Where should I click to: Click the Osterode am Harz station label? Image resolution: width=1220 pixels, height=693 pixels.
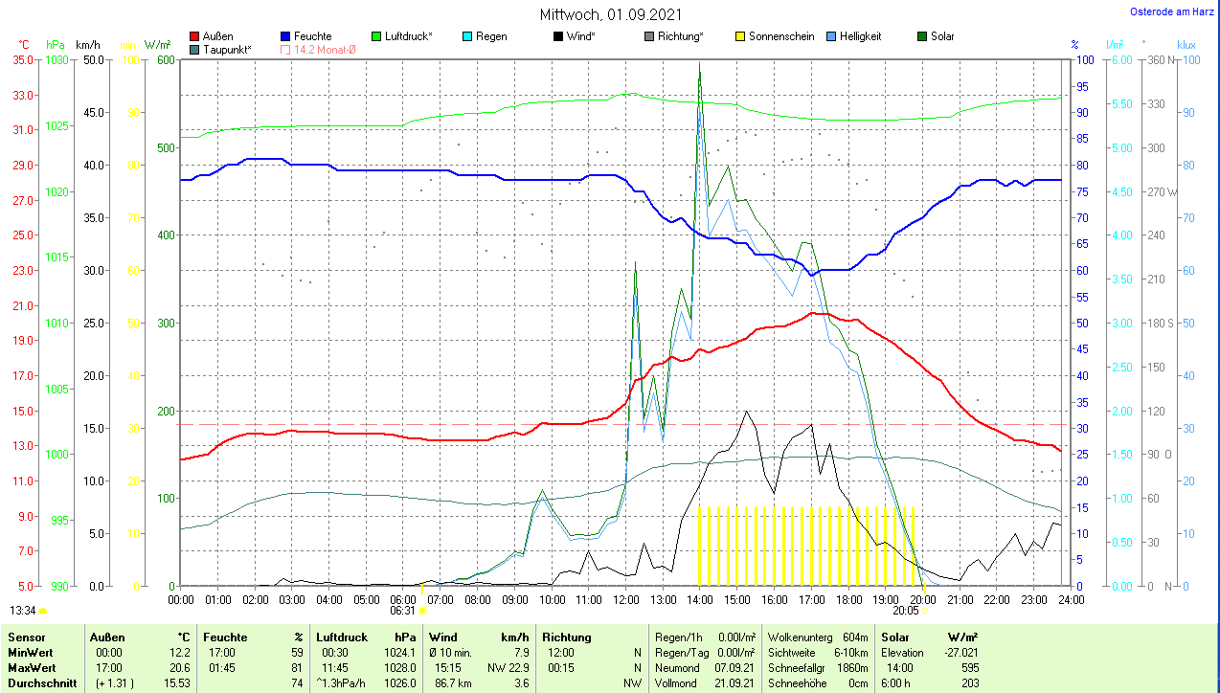(x=1173, y=11)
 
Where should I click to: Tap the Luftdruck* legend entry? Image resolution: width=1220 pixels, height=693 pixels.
(x=407, y=36)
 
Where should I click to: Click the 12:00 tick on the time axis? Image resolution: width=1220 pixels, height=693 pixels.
(x=625, y=599)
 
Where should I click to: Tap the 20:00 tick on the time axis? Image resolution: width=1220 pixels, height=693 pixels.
(x=922, y=599)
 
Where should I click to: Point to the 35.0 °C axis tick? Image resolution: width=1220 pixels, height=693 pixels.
(x=22, y=59)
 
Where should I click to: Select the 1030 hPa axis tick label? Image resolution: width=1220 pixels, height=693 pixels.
(x=57, y=59)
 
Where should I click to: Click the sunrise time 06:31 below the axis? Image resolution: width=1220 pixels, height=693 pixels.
(x=403, y=610)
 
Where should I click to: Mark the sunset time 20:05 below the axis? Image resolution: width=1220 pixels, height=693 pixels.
(x=905, y=610)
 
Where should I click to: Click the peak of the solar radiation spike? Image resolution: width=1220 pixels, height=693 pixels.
(x=700, y=63)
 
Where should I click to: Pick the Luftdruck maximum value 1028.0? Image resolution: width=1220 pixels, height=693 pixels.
(x=399, y=667)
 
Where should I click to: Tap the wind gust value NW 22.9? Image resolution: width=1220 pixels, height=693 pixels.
(x=511, y=667)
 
